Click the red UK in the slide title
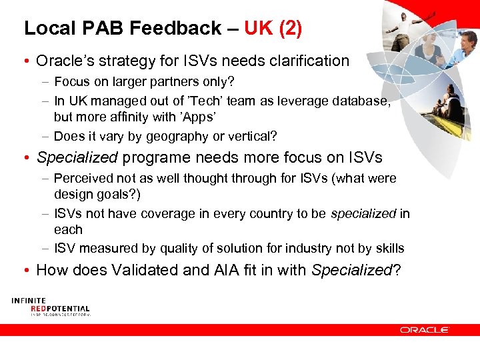tap(257, 28)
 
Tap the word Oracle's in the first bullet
tap(64, 61)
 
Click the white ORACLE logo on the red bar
tap(425, 329)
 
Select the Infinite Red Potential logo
tap(50, 307)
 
